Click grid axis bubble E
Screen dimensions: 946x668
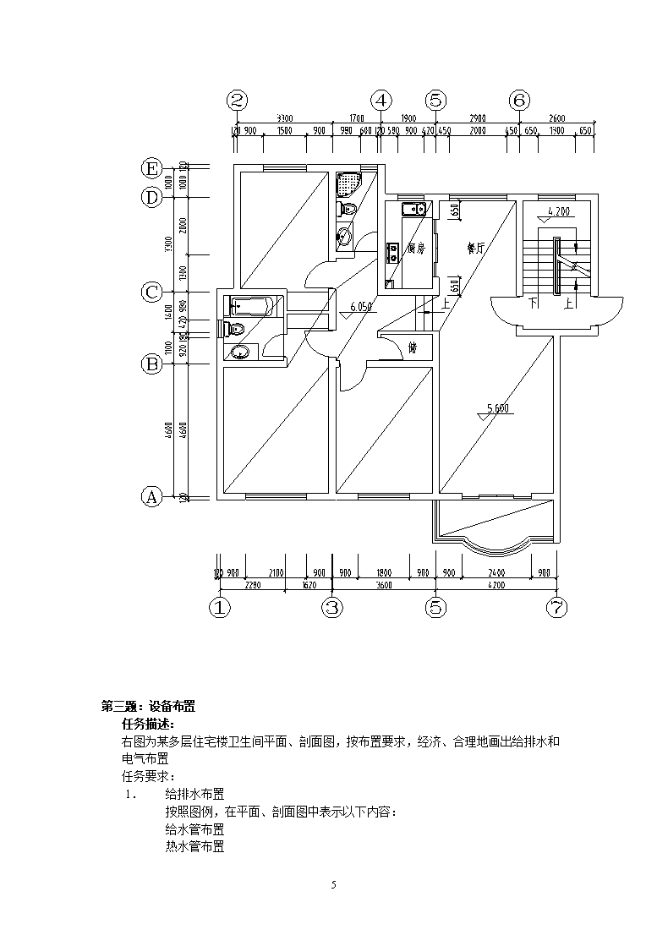(x=151, y=168)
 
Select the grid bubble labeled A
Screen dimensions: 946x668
(x=151, y=496)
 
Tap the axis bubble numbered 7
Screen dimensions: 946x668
(x=557, y=607)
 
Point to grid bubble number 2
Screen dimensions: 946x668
(x=238, y=100)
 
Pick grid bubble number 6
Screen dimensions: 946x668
(x=519, y=100)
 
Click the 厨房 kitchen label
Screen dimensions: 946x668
(x=414, y=249)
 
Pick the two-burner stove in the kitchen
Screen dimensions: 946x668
(x=393, y=252)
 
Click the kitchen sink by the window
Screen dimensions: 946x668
(x=413, y=209)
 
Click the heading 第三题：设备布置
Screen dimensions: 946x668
(x=149, y=707)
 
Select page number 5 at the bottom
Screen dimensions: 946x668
(x=334, y=884)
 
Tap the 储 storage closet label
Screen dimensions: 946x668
(x=413, y=347)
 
